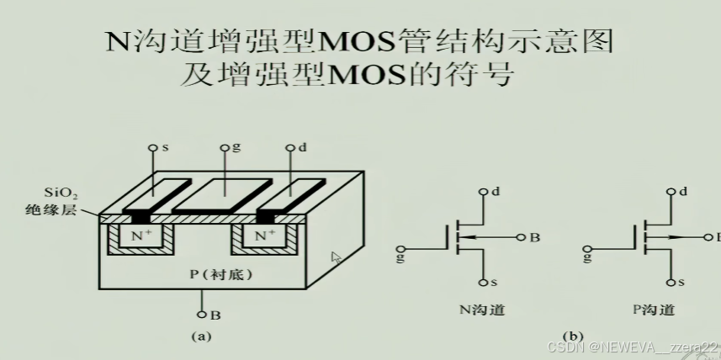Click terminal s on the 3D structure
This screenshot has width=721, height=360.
pos(154,148)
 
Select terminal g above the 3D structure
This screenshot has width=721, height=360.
pos(225,147)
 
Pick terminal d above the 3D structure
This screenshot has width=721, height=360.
pos(292,148)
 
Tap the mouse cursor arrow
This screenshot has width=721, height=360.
pos(337,257)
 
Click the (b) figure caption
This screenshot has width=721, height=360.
pos(573,337)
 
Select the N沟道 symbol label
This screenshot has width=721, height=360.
pos(482,309)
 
